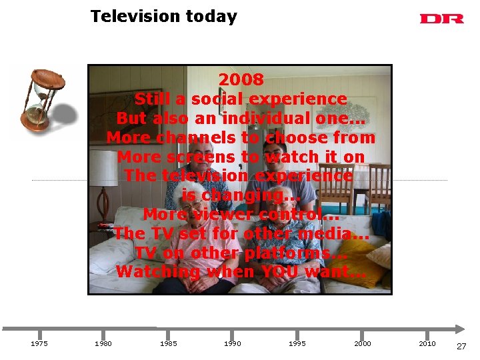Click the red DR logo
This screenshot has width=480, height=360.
click(441, 19)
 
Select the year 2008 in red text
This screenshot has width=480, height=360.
click(241, 79)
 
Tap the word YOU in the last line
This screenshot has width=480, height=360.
click(280, 272)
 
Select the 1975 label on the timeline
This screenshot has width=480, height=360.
click(39, 344)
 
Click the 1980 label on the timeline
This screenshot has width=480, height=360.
click(103, 344)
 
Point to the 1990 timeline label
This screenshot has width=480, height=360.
click(233, 344)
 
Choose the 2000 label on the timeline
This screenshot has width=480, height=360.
click(363, 344)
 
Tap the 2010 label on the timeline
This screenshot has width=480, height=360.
click(427, 344)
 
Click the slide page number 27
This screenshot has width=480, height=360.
click(461, 346)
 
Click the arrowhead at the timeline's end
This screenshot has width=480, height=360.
click(460, 328)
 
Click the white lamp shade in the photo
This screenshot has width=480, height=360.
click(103, 167)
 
